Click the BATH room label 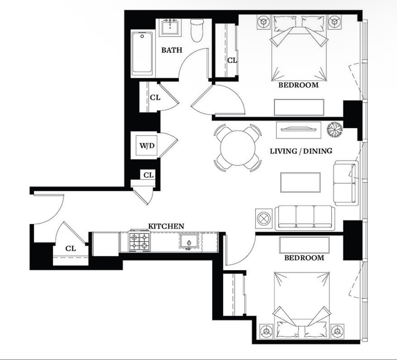(x=172, y=50)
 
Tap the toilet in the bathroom (x=197, y=30)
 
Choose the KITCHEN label (x=166, y=226)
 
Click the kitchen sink (x=189, y=241)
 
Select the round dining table (x=238, y=148)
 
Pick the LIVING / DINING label (x=301, y=151)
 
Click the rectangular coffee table (x=300, y=183)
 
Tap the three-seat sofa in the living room (x=305, y=217)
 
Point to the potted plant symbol (x=335, y=130)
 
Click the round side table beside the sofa (x=264, y=218)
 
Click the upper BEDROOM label (x=299, y=85)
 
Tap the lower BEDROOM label (x=304, y=258)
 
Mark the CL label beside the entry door (x=71, y=249)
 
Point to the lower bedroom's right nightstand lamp (x=337, y=331)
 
